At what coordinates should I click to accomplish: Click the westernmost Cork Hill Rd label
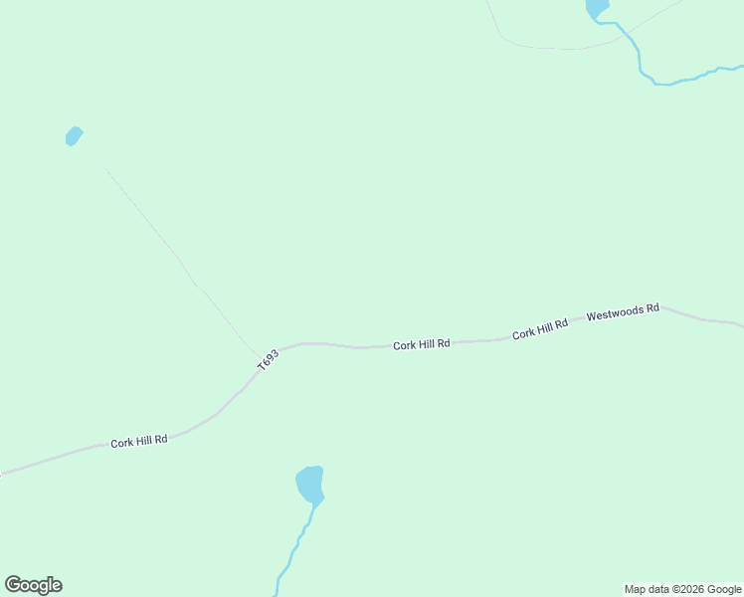pyautogui.click(x=138, y=440)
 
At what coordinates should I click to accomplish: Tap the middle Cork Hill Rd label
pyautogui.click(x=421, y=344)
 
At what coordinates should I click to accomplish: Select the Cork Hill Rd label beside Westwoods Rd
pyautogui.click(x=539, y=330)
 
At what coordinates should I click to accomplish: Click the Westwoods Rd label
pyautogui.click(x=623, y=311)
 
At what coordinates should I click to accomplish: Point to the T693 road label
pyautogui.click(x=268, y=360)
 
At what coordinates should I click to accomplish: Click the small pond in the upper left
pyautogui.click(x=73, y=135)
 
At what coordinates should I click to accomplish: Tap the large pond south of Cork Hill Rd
pyautogui.click(x=309, y=485)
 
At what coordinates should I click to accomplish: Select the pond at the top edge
pyautogui.click(x=597, y=8)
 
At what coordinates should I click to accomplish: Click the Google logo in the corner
pyautogui.click(x=33, y=585)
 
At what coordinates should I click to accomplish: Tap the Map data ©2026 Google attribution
pyautogui.click(x=682, y=589)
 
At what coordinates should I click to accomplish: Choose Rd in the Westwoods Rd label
pyautogui.click(x=651, y=308)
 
